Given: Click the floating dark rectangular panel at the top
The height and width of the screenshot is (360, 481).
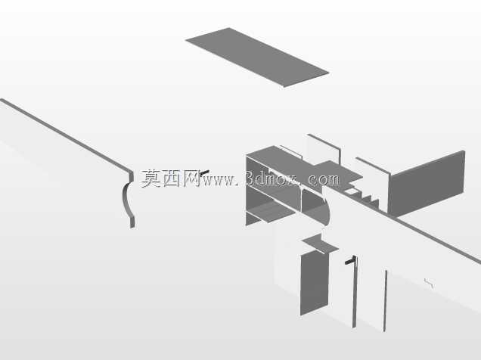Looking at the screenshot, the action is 257,57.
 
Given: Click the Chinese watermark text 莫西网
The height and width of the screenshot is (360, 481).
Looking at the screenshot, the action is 170,178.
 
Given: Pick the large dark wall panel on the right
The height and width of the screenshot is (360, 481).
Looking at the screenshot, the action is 427,184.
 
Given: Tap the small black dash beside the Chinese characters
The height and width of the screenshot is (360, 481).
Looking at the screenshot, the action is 205,172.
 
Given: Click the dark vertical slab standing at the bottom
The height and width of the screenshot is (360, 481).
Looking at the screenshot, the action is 314,282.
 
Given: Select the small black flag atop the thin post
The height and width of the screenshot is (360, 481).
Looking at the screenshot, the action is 350,261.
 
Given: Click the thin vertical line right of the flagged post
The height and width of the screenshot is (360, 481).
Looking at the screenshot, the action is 385,301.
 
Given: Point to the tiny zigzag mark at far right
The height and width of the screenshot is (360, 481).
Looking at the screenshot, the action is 429,284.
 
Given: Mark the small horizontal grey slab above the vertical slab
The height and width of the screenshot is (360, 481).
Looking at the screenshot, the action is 320,244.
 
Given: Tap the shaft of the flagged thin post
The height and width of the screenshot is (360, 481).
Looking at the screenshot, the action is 355,293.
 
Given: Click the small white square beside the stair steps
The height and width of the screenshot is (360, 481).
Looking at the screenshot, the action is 351,192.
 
